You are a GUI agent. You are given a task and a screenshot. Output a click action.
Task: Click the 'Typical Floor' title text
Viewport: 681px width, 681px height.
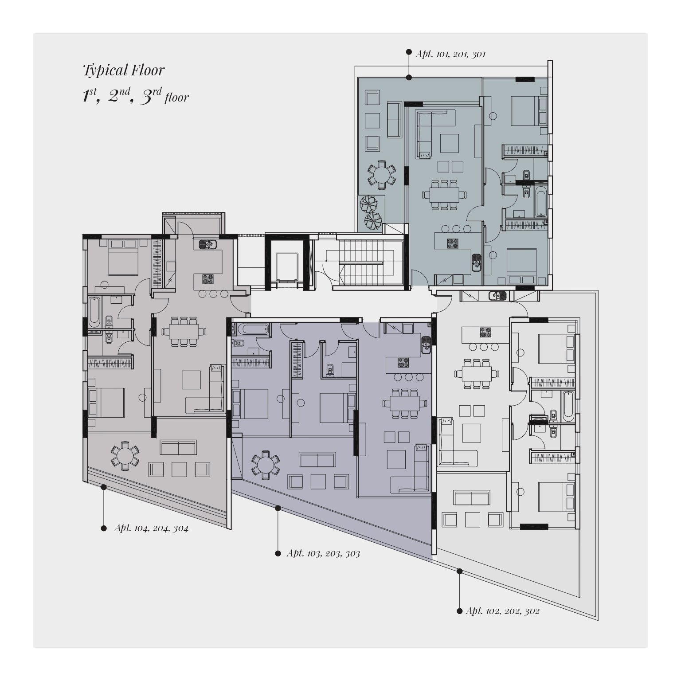(x=124, y=70)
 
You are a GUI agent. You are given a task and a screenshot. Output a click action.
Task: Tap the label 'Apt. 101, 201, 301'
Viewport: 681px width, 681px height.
(x=450, y=54)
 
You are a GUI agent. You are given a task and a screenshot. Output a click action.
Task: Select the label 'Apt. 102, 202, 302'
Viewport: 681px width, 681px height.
(x=502, y=611)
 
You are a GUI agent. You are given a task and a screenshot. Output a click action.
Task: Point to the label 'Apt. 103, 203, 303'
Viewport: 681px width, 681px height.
(x=323, y=553)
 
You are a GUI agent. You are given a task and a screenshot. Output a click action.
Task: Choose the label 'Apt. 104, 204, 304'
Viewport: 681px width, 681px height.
(x=151, y=528)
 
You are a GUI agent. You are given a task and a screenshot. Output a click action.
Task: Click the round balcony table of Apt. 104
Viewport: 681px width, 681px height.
(x=125, y=455)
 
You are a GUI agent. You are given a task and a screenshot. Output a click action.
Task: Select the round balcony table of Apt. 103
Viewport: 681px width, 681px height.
(x=266, y=465)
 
